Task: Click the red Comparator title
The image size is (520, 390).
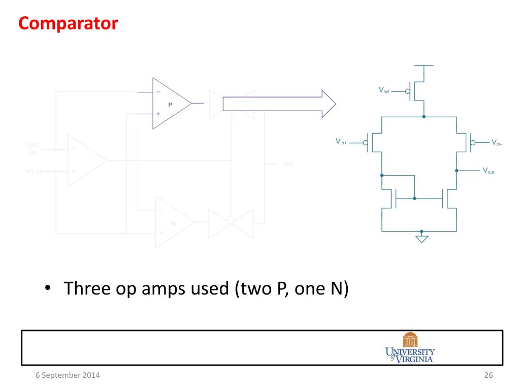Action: pyautogui.click(x=68, y=23)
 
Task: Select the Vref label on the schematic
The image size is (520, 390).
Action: pyautogui.click(x=385, y=90)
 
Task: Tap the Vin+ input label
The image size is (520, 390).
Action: pyautogui.click(x=341, y=142)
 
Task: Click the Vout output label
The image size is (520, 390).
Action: pyautogui.click(x=488, y=171)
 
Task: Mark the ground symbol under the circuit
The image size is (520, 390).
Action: pyautogui.click(x=421, y=238)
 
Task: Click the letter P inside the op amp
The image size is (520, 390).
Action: pyautogui.click(x=170, y=104)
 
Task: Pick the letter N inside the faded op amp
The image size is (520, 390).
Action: pyautogui.click(x=173, y=223)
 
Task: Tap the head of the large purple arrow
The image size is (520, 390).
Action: pyautogui.click(x=328, y=104)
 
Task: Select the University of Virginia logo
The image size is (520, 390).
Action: pyautogui.click(x=410, y=348)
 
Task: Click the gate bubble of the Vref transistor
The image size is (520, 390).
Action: pyautogui.click(x=408, y=91)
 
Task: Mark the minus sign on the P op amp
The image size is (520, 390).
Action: pyautogui.click(x=158, y=92)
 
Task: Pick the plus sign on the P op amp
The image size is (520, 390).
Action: pyautogui.click(x=158, y=114)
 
